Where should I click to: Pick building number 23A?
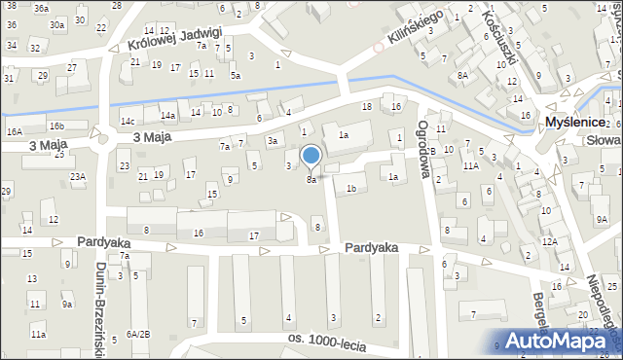click(x=77, y=176)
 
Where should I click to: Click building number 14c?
click(x=128, y=121)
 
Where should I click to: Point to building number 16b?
click(x=57, y=126)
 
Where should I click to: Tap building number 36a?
click(x=41, y=8)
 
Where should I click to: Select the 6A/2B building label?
click(x=137, y=334)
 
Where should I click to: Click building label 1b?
click(x=351, y=188)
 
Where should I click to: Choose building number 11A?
click(x=470, y=166)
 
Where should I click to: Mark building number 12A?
click(x=549, y=240)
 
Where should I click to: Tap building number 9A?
click(x=602, y=221)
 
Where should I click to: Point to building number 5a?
click(x=236, y=75)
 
